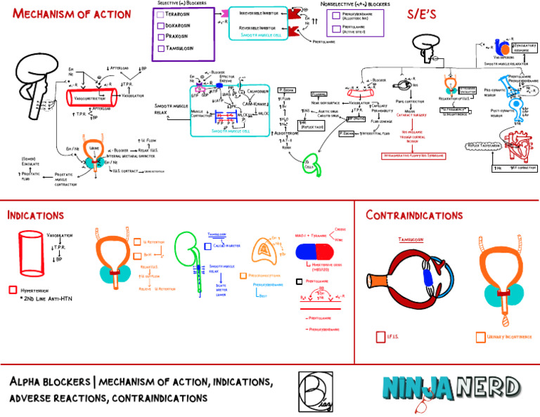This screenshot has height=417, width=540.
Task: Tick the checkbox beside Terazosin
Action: click(160, 14)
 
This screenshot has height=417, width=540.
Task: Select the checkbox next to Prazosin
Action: click(160, 36)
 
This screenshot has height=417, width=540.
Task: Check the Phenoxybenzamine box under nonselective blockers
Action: click(336, 15)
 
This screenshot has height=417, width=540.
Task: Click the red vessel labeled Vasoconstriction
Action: click(95, 98)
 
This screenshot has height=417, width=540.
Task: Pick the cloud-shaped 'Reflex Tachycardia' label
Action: click(484, 146)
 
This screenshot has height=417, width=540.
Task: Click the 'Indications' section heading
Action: click(36, 215)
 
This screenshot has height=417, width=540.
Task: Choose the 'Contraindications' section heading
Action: click(414, 215)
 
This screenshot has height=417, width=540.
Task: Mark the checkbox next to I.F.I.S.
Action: click(380, 338)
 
